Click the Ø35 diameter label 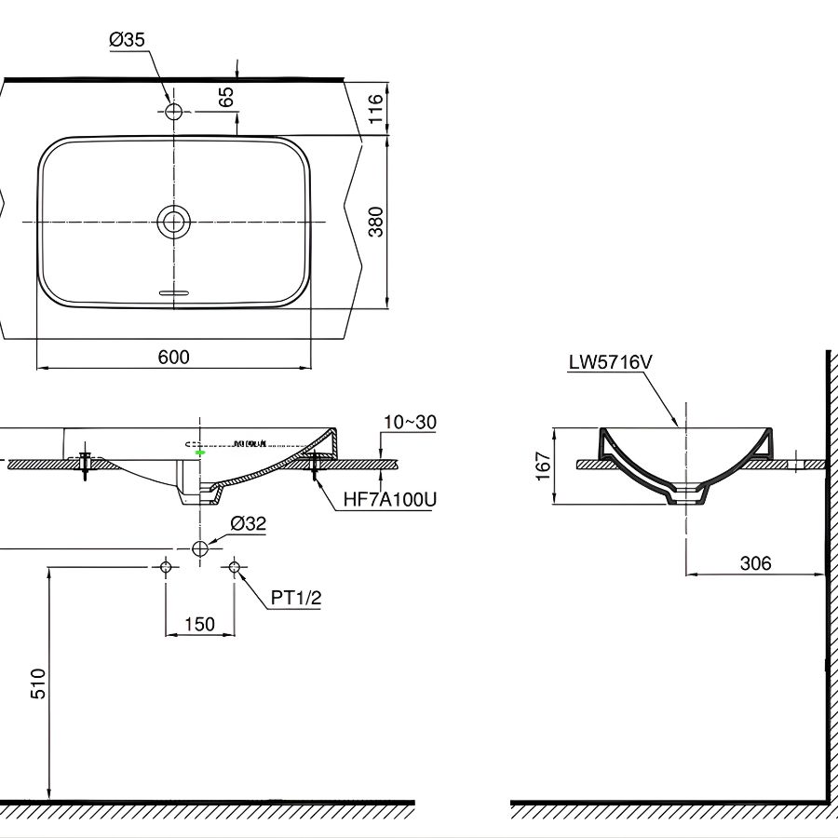click(x=127, y=39)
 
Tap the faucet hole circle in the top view click(x=173, y=112)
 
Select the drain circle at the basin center click(x=173, y=222)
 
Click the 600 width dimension click(x=173, y=357)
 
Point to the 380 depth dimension click(x=375, y=222)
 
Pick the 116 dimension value click(x=375, y=108)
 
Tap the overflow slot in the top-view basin click(x=173, y=292)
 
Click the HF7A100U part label click(x=389, y=499)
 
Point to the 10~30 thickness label click(x=410, y=423)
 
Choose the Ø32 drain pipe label click(x=248, y=523)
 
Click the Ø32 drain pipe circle click(x=199, y=548)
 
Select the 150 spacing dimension click(x=199, y=624)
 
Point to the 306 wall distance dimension click(x=755, y=563)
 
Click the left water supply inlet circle click(x=166, y=567)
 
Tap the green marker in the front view click(x=199, y=452)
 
